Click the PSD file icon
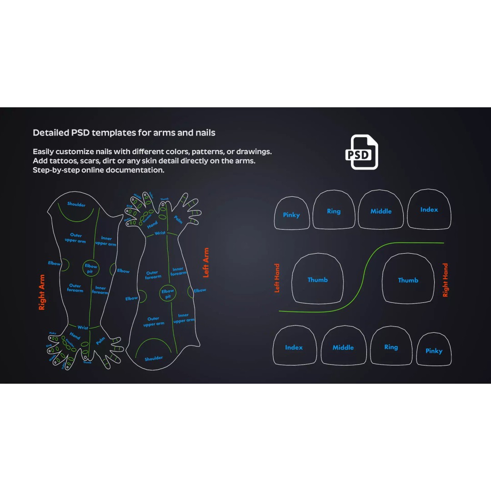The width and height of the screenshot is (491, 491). coord(361,152)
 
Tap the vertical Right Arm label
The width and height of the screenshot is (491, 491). coord(42,292)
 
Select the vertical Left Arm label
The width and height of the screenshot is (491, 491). coord(206,263)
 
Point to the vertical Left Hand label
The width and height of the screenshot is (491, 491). coord(277,278)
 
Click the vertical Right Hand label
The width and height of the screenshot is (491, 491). coord(445,280)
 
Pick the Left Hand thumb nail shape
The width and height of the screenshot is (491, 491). coord(317,279)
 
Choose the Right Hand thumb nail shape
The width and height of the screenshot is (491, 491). coord(408,279)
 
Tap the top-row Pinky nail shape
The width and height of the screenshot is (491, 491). coord(291,213)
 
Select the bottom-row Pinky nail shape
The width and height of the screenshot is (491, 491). coord(434,349)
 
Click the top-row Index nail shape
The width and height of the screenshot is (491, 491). coord(429,209)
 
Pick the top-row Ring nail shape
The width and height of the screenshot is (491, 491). coord(334,210)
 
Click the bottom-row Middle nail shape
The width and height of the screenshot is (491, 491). coord(343,346)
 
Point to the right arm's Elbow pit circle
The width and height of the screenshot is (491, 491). coord(91,268)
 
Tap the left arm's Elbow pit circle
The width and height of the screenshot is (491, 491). coord(168,293)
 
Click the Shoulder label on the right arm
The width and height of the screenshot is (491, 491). coord(76,204)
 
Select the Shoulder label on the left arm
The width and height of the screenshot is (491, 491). coord(154,358)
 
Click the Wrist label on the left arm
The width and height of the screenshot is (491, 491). coord(160,233)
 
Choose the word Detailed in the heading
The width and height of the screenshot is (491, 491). coord(51,133)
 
